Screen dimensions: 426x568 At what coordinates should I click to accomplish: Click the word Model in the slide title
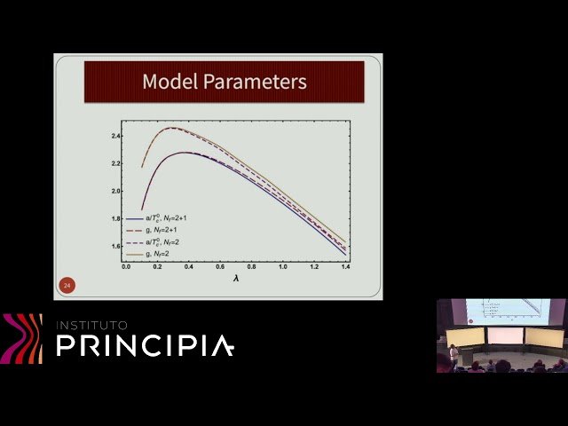(170, 83)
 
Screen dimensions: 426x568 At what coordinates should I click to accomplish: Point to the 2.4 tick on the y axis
(115, 137)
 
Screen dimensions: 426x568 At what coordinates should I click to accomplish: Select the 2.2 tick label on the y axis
(115, 164)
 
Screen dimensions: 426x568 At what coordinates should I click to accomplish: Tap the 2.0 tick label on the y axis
(115, 191)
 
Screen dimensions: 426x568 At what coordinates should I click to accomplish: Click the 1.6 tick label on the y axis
(115, 246)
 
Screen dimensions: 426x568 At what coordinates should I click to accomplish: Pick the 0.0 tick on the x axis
(126, 265)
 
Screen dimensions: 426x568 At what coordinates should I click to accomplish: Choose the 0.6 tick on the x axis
(220, 265)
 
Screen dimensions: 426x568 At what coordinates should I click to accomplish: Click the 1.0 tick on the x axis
(282, 265)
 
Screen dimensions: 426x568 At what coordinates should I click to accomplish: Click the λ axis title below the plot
(236, 277)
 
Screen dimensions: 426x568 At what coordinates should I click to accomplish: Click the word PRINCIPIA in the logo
(146, 345)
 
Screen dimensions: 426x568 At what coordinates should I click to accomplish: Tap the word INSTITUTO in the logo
(92, 325)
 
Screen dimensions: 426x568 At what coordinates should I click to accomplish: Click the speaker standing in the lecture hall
(454, 353)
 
